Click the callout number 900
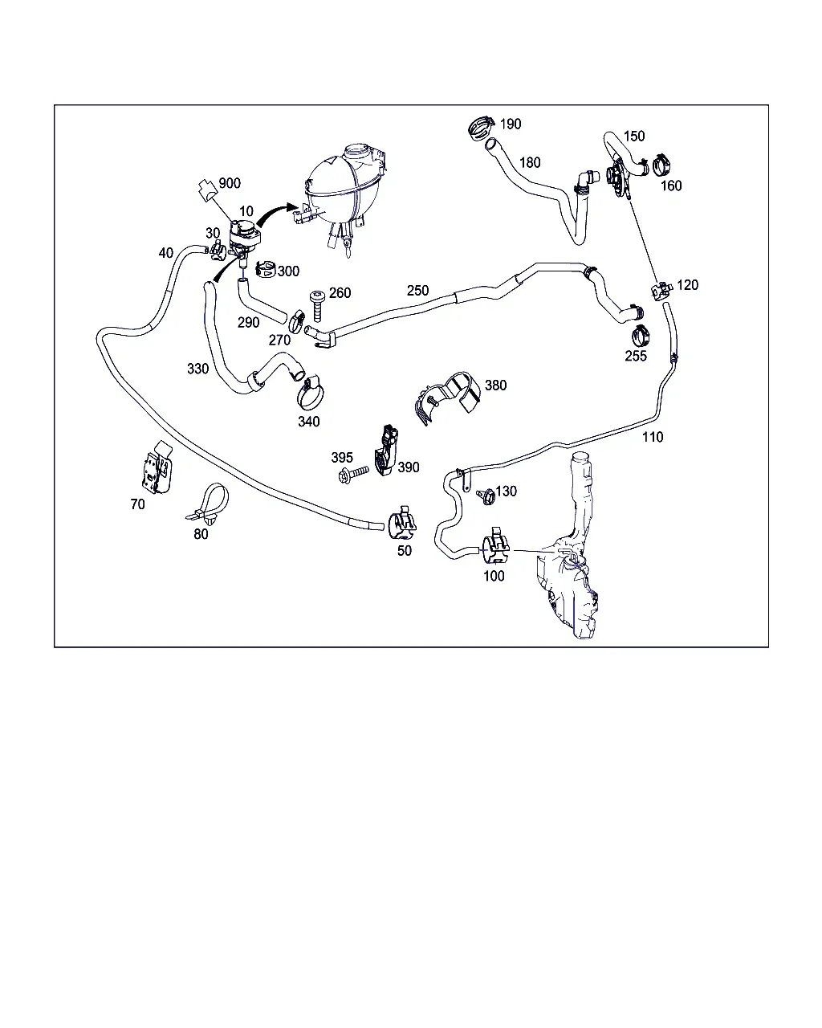[x=230, y=183]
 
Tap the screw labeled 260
[x=316, y=306]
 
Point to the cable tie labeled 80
[x=208, y=502]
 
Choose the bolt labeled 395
[x=353, y=474]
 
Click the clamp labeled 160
[x=662, y=164]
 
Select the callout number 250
[x=417, y=290]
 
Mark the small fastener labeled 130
[x=486, y=497]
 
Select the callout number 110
[x=653, y=437]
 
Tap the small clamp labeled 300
[x=266, y=269]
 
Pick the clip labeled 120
[x=661, y=291]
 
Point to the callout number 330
[x=197, y=369]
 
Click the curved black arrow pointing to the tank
[x=275, y=212]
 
